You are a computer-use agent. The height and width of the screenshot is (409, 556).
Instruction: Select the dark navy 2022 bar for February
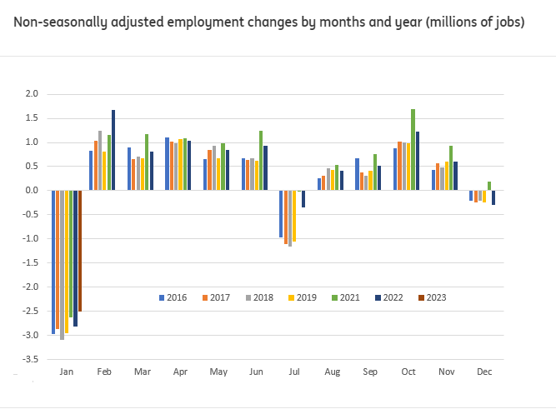(x=113, y=150)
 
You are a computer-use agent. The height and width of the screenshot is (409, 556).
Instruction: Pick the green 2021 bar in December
(x=489, y=186)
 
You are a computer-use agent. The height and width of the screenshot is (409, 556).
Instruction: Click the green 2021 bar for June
(x=261, y=161)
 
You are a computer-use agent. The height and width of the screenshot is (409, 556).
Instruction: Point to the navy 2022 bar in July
(x=303, y=199)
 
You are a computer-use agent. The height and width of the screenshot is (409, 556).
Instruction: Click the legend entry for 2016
(x=172, y=297)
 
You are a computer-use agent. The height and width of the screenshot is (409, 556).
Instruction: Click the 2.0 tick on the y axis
(x=32, y=94)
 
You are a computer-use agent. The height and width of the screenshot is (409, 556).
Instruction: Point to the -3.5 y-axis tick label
(x=30, y=360)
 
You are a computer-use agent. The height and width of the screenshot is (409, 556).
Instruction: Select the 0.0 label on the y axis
(x=32, y=191)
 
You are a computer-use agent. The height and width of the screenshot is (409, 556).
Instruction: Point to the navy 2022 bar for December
(x=493, y=197)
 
